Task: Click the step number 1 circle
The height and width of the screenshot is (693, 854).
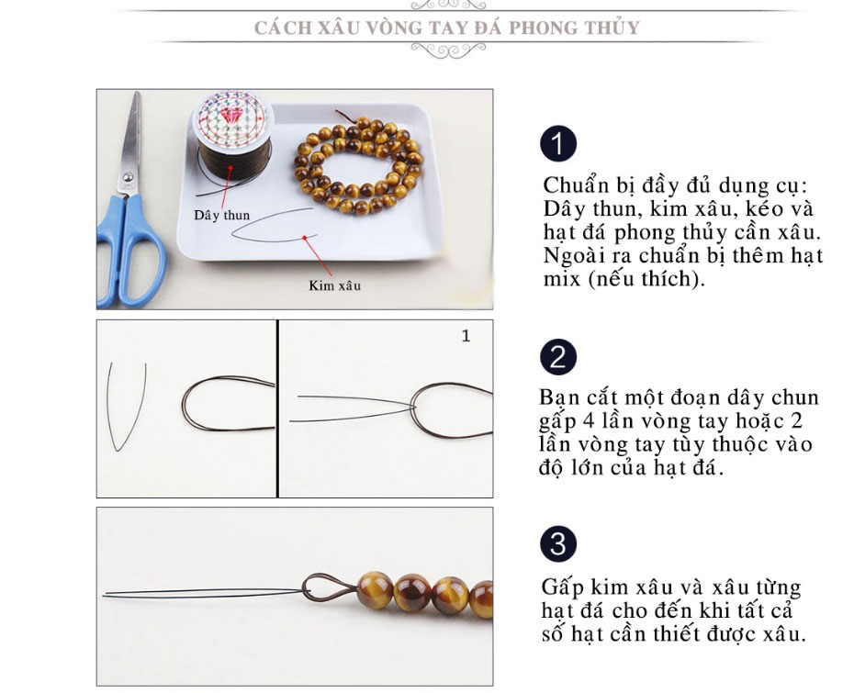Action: coord(558,144)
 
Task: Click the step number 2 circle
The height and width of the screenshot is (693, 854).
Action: coord(558,357)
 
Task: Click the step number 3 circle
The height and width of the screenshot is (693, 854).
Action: coord(558,543)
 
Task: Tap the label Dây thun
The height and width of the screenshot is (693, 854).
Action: coord(221,215)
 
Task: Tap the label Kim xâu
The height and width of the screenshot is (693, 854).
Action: coord(334,285)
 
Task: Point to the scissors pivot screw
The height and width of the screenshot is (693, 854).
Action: coord(128,177)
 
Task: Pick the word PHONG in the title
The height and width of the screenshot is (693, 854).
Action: coord(543,28)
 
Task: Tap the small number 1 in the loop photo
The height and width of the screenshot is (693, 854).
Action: coord(466,336)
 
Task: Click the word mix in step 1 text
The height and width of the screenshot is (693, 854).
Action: coord(562,279)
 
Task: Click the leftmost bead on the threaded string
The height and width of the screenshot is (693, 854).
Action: coord(375,589)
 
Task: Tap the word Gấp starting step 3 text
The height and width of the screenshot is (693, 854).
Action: coord(563,588)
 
